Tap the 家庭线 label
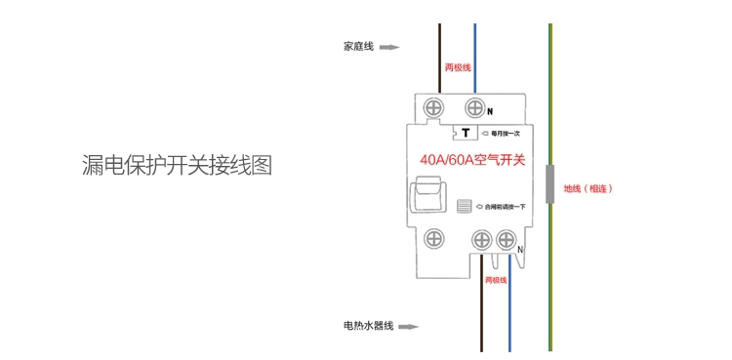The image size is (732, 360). coord(358,46)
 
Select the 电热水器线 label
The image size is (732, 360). coord(368,326)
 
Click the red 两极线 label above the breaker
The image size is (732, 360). coord(458,67)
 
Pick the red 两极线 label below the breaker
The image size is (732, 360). coord(496,280)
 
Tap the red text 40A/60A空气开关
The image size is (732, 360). coord(472,160)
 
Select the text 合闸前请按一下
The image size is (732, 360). coord(504,207)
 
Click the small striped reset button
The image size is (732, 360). coord(465,207)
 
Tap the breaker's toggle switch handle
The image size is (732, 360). coord(427,195)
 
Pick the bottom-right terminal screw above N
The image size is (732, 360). coord(508,240)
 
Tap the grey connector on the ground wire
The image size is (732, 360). coord(550,184)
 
